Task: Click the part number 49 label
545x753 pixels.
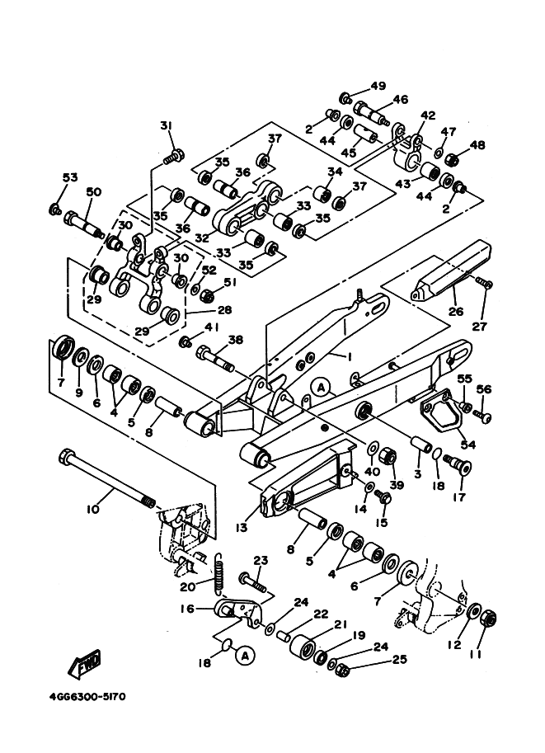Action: click(378, 86)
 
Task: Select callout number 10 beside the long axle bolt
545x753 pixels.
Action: click(92, 510)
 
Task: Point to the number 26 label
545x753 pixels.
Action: click(456, 313)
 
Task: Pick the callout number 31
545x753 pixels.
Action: click(167, 125)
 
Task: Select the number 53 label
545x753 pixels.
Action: click(69, 177)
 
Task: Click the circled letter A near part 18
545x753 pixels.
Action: click(242, 656)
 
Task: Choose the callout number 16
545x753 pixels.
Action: click(188, 609)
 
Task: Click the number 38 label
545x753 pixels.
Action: click(236, 339)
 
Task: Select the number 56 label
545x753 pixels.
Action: click(484, 390)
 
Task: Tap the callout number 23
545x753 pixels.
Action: click(261, 561)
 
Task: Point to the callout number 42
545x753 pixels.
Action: click(427, 115)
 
